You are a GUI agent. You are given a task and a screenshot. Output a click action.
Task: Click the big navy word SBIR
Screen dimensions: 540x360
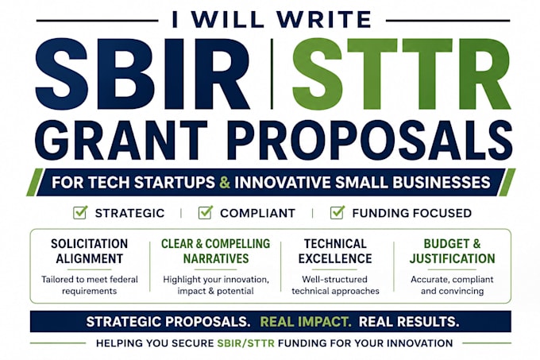click(x=143, y=74)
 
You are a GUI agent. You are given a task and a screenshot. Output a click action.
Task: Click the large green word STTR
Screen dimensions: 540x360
click(x=402, y=74)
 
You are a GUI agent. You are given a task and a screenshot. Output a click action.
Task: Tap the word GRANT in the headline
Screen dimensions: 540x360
click(x=121, y=140)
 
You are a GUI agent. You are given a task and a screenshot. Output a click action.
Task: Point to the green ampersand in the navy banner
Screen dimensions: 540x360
click(x=225, y=182)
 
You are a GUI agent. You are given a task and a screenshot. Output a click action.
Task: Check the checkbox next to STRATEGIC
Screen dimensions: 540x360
click(x=80, y=212)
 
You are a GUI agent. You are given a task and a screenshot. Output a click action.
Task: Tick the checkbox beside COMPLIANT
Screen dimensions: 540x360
click(x=205, y=212)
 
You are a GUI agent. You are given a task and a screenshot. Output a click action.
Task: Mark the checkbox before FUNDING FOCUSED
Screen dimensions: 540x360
click(x=337, y=212)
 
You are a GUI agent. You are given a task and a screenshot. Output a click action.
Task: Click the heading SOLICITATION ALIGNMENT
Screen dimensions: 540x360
click(x=90, y=251)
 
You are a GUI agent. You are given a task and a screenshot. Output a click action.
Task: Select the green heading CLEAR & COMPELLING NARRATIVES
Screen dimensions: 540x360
click(x=215, y=251)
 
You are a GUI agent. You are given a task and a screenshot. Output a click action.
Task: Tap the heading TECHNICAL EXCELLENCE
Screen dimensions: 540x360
click(x=335, y=251)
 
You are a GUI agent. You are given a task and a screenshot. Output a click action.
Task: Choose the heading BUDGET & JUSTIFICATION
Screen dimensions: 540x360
click(x=452, y=251)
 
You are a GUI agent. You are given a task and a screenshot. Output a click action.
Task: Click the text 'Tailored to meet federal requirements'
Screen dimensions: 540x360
click(x=90, y=285)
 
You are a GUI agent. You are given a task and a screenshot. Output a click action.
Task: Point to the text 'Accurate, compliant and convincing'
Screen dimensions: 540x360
click(x=452, y=285)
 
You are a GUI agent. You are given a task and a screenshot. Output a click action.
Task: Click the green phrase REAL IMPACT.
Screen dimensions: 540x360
click(x=306, y=322)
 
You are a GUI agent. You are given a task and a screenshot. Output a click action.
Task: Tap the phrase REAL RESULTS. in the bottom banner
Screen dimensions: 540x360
click(x=409, y=322)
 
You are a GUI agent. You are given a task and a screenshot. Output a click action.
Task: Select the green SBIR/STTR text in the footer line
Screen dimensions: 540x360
click(x=246, y=343)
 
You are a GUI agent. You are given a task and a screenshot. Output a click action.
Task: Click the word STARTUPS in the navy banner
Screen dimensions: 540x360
click(x=175, y=182)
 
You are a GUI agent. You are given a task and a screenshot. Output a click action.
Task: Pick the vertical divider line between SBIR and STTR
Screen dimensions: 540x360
click(x=272, y=74)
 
